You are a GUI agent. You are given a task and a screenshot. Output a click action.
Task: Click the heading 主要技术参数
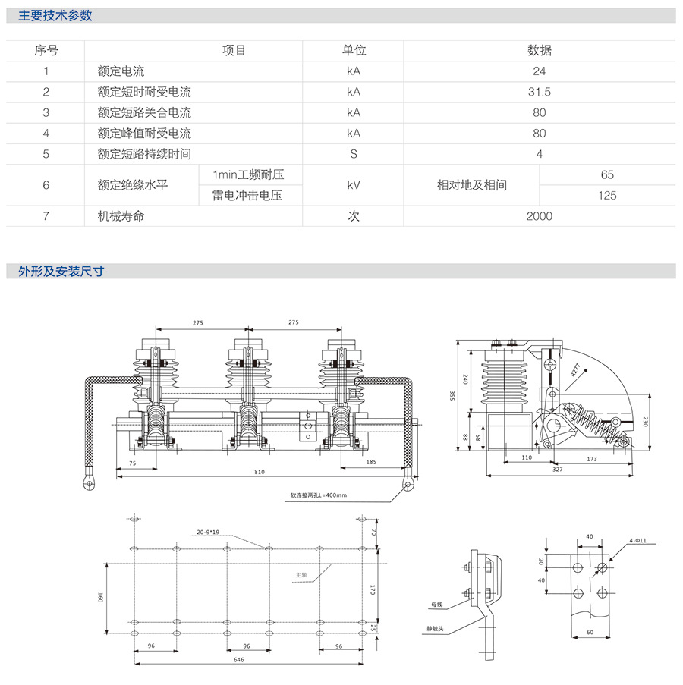[x=55, y=15]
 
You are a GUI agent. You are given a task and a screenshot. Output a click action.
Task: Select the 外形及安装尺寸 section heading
[x=61, y=271]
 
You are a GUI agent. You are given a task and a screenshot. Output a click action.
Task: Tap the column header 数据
[x=540, y=51]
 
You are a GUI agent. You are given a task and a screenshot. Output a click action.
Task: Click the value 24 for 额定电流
[x=540, y=71]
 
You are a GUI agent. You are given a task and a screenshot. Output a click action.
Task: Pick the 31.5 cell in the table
[x=540, y=92]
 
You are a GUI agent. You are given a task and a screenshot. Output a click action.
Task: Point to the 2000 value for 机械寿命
[x=540, y=216]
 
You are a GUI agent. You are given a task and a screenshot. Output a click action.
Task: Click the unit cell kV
[x=354, y=185]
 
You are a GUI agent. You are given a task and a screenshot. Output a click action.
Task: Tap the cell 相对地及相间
[x=472, y=185]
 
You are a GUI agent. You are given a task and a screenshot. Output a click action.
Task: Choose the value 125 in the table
[x=607, y=196]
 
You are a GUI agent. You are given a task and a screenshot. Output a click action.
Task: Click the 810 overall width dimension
[x=260, y=472]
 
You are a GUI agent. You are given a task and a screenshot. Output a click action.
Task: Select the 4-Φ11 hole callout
[x=637, y=540]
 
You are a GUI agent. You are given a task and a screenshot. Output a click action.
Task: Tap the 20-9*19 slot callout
[x=206, y=532]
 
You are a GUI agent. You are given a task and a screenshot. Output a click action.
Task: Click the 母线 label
[x=436, y=605]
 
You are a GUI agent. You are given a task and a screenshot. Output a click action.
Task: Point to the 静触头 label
[x=435, y=628]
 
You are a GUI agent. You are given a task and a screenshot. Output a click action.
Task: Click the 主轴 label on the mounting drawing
[x=301, y=575]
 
